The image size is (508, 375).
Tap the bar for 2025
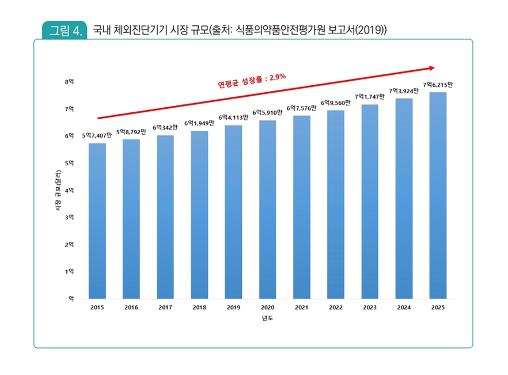(438, 195)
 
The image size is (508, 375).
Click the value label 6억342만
(165, 127)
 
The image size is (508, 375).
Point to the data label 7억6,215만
(438, 85)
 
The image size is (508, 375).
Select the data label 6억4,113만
(233, 118)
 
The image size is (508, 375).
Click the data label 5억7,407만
(97, 135)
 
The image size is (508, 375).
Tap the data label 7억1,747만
(370, 97)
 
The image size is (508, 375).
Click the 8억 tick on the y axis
(70, 82)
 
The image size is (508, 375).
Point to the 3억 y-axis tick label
(70, 217)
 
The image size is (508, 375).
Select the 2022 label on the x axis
(336, 308)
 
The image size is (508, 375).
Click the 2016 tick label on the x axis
(131, 308)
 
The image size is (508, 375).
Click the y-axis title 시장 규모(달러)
(58, 191)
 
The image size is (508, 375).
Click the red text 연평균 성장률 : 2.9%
(252, 81)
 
